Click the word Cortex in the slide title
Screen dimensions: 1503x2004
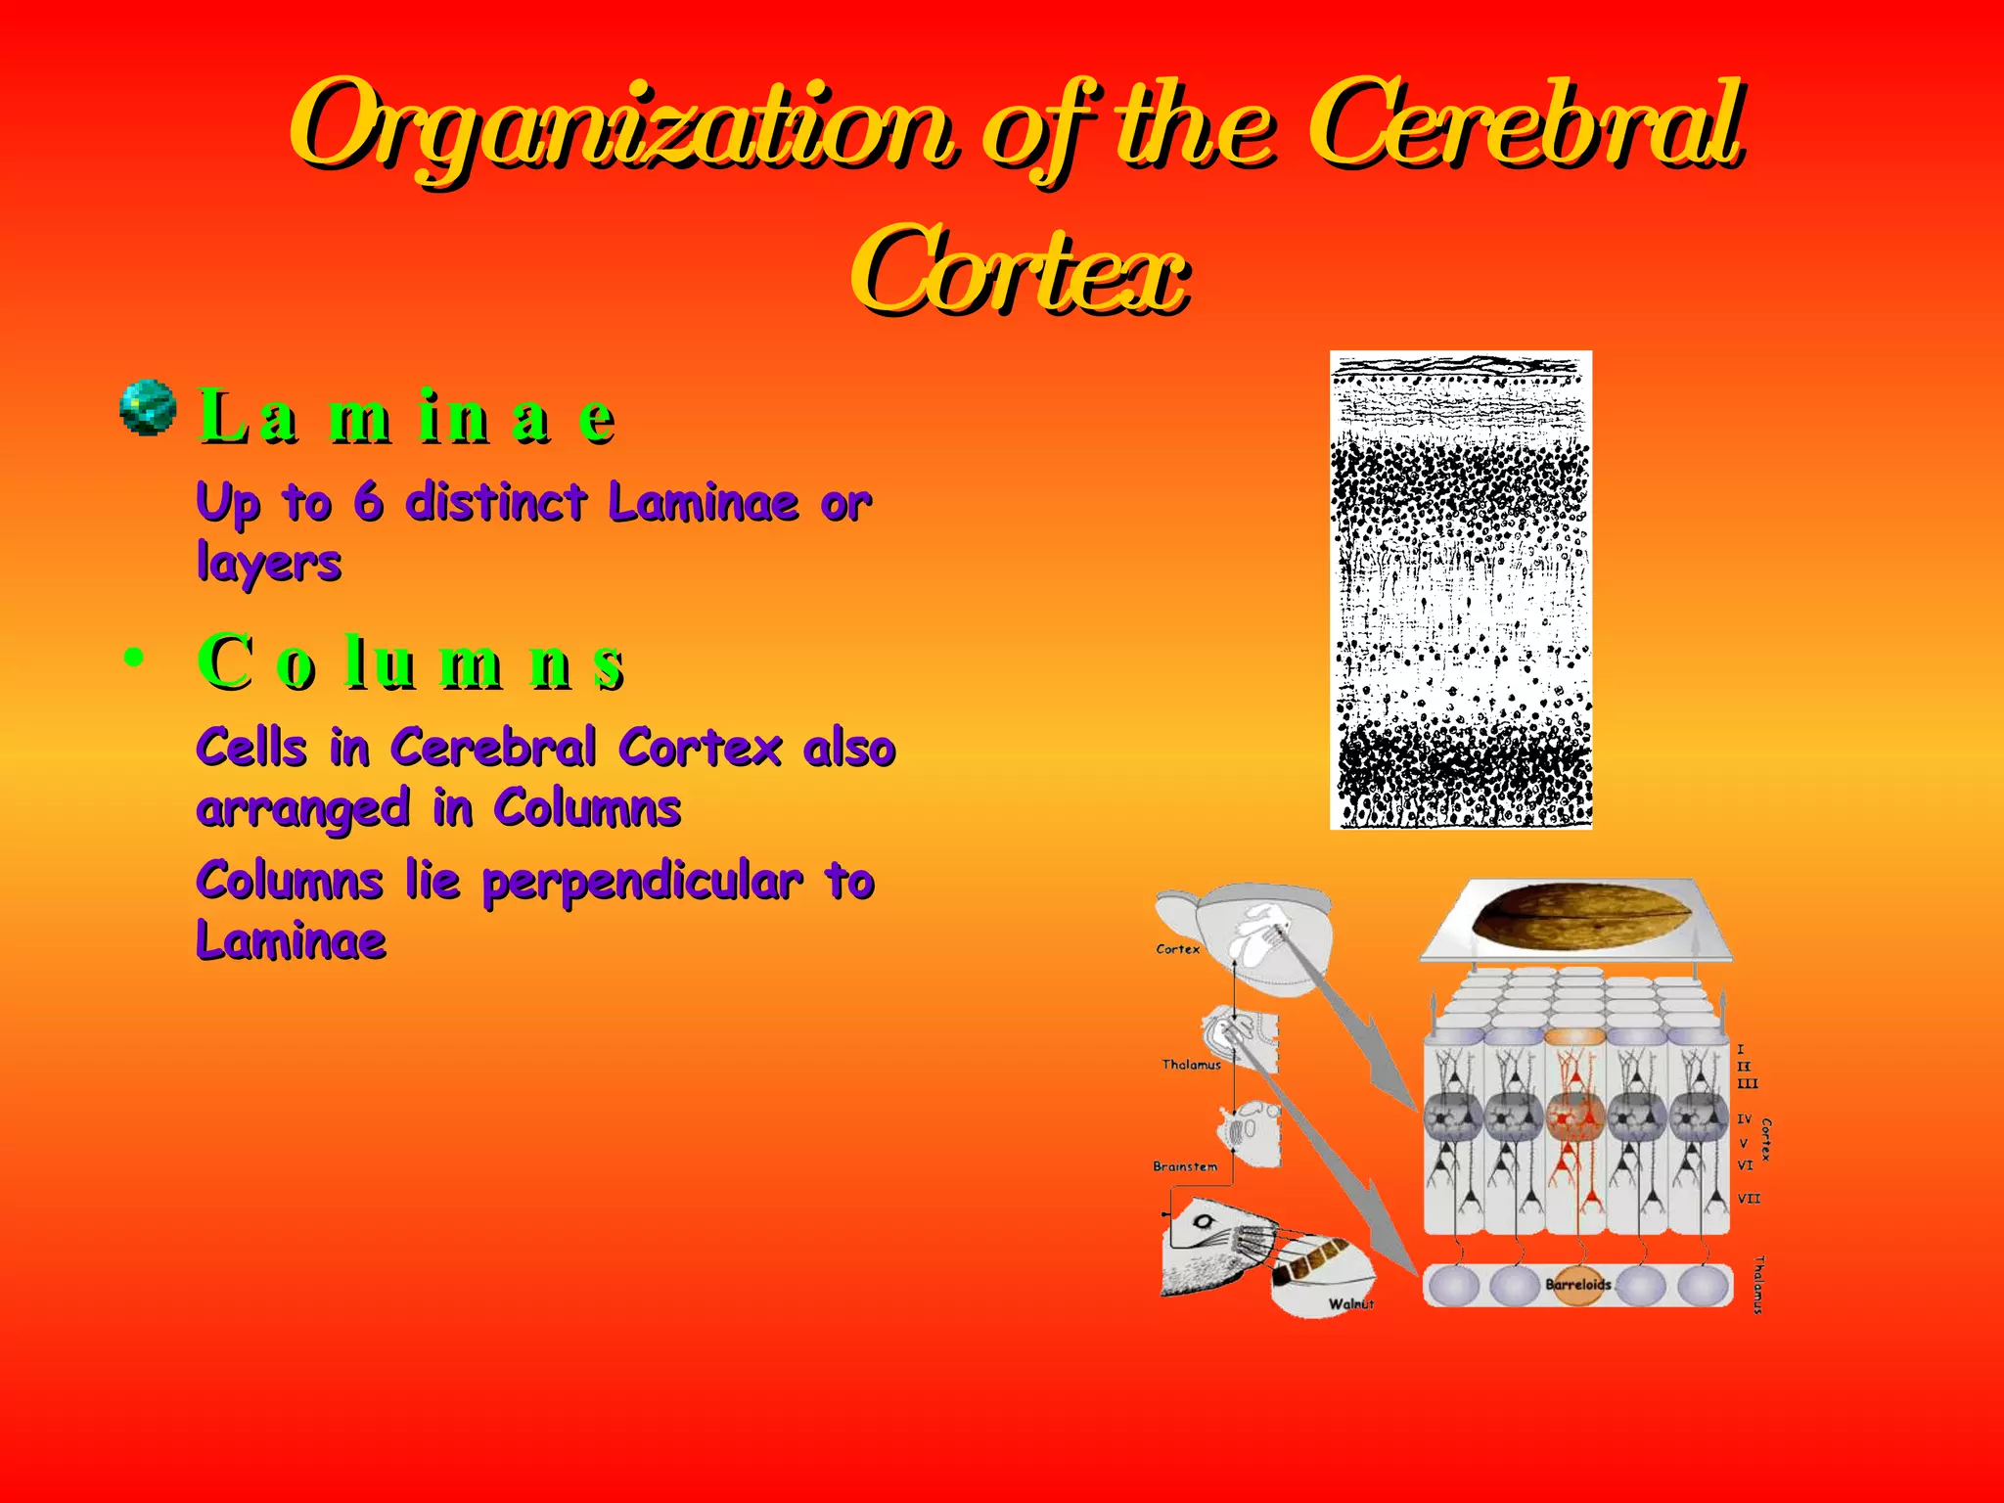point(1020,272)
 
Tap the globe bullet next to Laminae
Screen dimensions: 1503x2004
point(148,408)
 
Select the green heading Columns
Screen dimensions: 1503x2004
point(411,662)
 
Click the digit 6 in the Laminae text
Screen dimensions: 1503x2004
point(368,502)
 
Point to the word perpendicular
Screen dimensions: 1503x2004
point(643,882)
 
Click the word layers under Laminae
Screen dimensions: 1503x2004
point(269,564)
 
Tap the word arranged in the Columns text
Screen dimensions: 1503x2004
point(302,810)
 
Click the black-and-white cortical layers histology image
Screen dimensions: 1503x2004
point(1461,590)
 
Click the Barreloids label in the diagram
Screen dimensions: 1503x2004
point(1577,1284)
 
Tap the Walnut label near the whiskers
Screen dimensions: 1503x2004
point(1350,1303)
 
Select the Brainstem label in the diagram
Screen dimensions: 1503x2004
point(1185,1166)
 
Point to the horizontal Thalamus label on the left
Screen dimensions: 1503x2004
point(1191,1065)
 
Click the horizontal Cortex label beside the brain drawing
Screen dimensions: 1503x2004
point(1177,949)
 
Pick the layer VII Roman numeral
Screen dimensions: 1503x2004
point(1749,1198)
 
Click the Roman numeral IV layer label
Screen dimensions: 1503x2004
point(1745,1118)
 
